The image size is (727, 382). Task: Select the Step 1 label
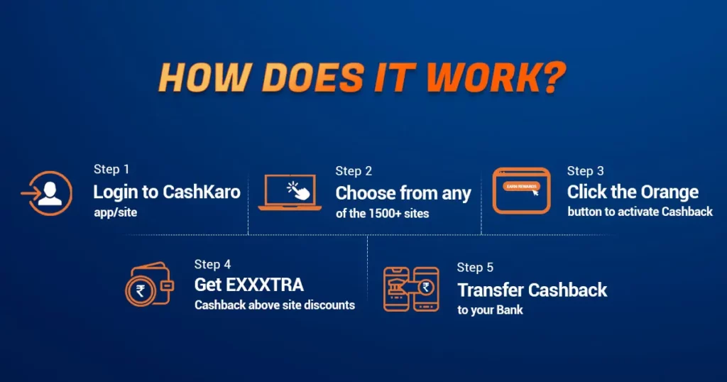point(111,169)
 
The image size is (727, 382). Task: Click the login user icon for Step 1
point(47,193)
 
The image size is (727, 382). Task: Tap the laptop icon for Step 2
point(290,192)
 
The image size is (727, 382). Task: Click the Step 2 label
point(354,171)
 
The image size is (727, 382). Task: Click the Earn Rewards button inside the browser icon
point(522,186)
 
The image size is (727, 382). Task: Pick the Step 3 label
point(586,171)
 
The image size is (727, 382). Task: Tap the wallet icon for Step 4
point(149,285)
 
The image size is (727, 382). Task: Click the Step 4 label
point(212,264)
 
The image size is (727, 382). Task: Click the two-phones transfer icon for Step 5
point(411,289)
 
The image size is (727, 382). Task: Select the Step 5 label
point(475,268)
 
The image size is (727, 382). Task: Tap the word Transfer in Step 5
point(490,290)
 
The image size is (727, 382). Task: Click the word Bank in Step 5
point(510,310)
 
